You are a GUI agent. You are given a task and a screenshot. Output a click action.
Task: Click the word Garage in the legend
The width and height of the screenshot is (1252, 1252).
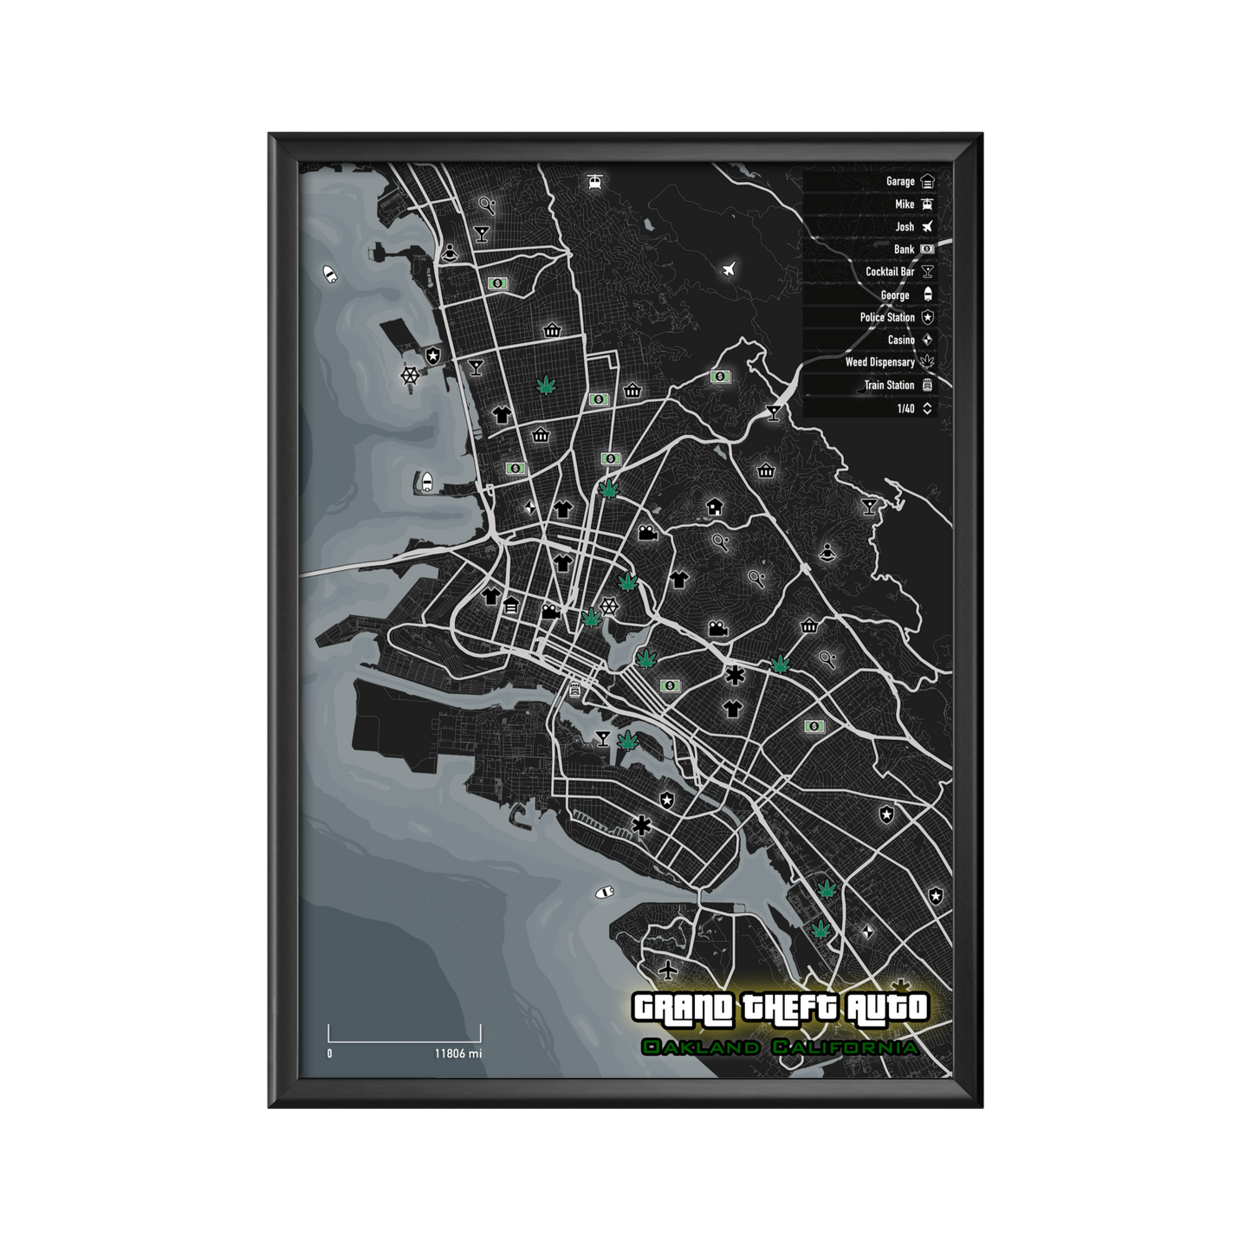click(900, 182)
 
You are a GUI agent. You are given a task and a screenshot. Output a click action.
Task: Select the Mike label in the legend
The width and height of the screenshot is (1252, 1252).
click(905, 204)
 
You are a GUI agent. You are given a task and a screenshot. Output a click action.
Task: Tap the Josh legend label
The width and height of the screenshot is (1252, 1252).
click(905, 227)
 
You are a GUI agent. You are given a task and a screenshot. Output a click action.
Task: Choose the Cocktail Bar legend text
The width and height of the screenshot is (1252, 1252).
click(890, 272)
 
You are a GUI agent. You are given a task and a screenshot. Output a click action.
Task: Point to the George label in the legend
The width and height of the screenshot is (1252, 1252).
click(895, 295)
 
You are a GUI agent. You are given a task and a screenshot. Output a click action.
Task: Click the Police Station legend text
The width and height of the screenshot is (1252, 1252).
click(887, 318)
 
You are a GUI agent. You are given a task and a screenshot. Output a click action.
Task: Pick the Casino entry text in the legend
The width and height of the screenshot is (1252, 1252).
click(901, 341)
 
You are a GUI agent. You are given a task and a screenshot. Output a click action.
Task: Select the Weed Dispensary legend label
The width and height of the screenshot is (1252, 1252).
click(879, 363)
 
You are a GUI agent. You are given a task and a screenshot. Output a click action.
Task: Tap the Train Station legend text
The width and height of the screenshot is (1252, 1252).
click(889, 386)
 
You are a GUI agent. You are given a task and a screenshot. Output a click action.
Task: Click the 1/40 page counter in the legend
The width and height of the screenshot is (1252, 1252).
click(905, 409)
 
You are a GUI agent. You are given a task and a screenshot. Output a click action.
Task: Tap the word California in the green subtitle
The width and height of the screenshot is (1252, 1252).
click(845, 1048)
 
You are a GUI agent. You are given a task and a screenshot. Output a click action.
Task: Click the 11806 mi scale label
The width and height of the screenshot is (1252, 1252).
click(458, 1054)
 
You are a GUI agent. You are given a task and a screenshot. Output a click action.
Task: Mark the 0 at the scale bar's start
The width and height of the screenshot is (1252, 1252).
click(329, 1054)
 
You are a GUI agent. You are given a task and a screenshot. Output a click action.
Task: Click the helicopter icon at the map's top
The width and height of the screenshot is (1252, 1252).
click(594, 182)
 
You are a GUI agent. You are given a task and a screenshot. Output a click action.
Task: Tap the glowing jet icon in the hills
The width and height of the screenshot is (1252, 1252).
click(729, 269)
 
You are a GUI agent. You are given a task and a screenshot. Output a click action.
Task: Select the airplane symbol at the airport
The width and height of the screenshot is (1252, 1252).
click(667, 969)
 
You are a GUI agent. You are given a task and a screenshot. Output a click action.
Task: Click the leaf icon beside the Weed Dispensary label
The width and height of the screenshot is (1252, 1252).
click(927, 362)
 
